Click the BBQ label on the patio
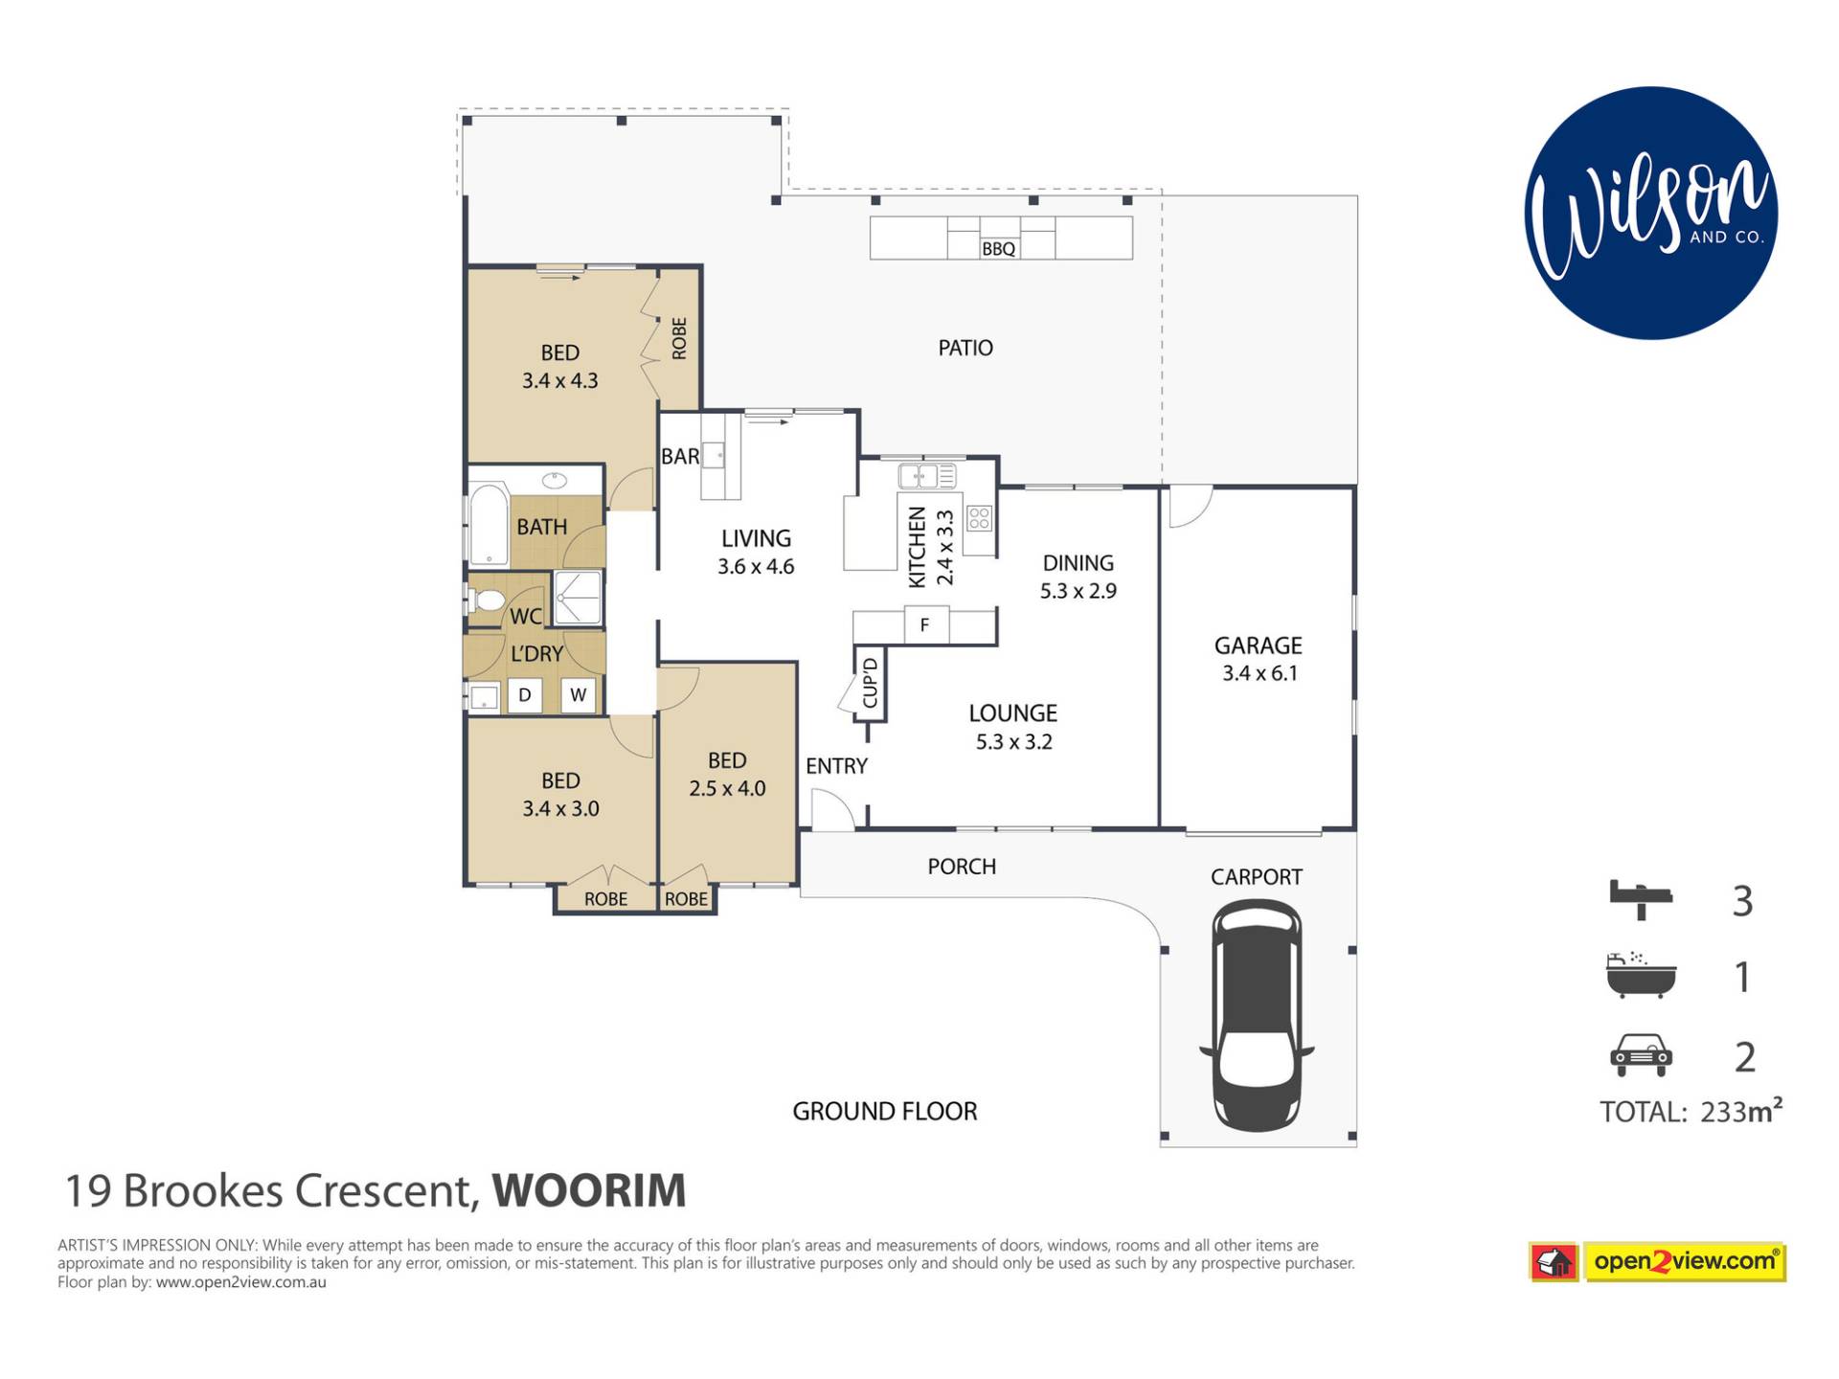pos(998,249)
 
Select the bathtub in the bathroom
pos(488,525)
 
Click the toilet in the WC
pos(487,600)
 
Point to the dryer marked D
pos(525,695)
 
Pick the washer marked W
pos(579,695)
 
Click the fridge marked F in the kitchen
pos(925,625)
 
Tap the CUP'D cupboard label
pos(871,683)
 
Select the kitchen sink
pos(926,475)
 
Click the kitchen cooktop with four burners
pos(979,519)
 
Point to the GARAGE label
pos(1259,645)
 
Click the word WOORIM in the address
pos(589,1190)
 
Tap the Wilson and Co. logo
pos(1650,213)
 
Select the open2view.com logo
pos(1658,1262)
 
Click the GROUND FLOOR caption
pos(885,1111)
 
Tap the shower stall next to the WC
pos(578,599)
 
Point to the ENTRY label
pos(836,766)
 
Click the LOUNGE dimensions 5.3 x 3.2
pos(1013,742)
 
